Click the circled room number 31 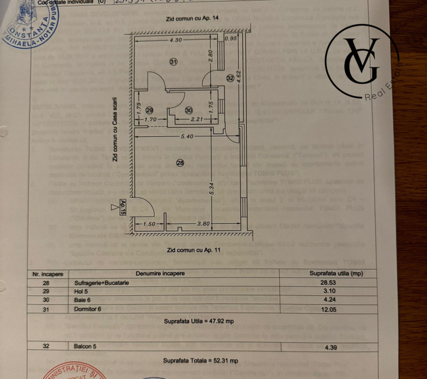[x=174, y=62]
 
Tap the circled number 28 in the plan [x=180, y=163]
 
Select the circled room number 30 [x=189, y=111]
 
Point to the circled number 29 [x=150, y=111]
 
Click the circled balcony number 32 [x=230, y=78]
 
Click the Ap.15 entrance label [x=122, y=208]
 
